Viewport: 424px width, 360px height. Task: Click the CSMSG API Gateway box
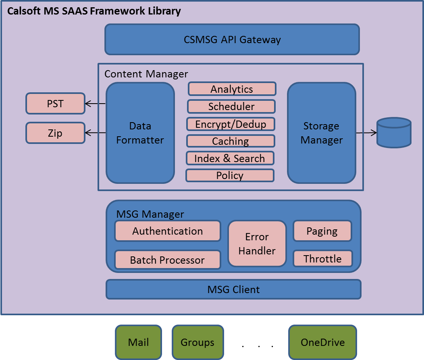(232, 40)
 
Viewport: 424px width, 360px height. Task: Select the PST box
(56, 103)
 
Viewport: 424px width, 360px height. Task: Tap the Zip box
(56, 133)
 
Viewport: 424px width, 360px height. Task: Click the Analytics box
(232, 89)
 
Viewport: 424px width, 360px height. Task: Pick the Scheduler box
(231, 106)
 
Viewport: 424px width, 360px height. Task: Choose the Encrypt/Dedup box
(231, 124)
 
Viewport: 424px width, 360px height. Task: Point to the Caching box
(231, 141)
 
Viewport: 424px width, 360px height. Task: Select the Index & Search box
(230, 158)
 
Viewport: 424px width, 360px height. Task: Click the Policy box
(230, 175)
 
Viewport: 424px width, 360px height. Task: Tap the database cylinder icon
(394, 133)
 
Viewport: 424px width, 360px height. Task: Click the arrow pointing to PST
(95, 103)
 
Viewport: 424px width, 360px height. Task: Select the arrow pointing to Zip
(95, 133)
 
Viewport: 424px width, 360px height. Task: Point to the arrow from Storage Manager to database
(366, 133)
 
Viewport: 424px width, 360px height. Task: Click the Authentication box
(168, 231)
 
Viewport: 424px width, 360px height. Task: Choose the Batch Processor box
(168, 260)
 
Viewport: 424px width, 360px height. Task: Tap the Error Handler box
(257, 244)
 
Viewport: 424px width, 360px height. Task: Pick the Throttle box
(322, 258)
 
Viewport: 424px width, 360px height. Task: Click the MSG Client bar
(233, 289)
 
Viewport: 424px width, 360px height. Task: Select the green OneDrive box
(322, 342)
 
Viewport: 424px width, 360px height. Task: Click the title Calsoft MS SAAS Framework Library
(94, 11)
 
